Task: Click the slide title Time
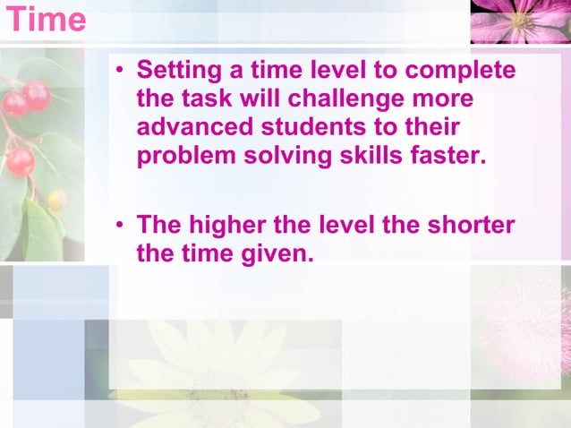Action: click(x=46, y=19)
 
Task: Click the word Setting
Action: click(x=180, y=70)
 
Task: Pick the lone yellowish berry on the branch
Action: click(x=56, y=199)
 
